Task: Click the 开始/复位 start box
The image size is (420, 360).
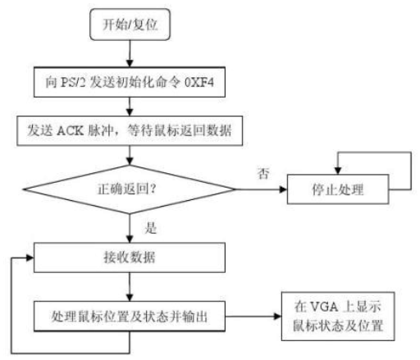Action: [x=130, y=25]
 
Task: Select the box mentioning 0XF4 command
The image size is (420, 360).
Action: [x=130, y=82]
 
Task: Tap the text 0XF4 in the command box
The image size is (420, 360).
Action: [x=199, y=82]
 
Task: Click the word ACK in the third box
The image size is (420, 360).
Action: [x=70, y=130]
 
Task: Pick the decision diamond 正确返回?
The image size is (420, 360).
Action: [x=130, y=189]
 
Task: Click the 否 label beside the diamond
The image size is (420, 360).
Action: [x=263, y=173]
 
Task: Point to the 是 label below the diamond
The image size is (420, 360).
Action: [x=151, y=228]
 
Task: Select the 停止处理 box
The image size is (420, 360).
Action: [x=338, y=189]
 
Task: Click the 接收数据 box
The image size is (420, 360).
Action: [x=130, y=257]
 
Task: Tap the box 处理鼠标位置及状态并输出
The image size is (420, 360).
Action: [x=130, y=317]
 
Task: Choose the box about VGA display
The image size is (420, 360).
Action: [x=338, y=317]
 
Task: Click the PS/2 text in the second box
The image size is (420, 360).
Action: [x=73, y=82]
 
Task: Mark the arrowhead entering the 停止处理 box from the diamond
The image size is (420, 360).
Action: [x=283, y=189]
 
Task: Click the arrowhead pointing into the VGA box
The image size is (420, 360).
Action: [x=277, y=317]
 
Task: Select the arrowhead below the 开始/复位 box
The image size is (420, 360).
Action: [x=130, y=63]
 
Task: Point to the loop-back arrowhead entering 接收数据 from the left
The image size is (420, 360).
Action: [x=30, y=257]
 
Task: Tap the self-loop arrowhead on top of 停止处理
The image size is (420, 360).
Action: [x=338, y=171]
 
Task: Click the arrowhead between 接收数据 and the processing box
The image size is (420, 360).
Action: [x=130, y=298]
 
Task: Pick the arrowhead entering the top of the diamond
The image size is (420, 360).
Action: [x=130, y=162]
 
